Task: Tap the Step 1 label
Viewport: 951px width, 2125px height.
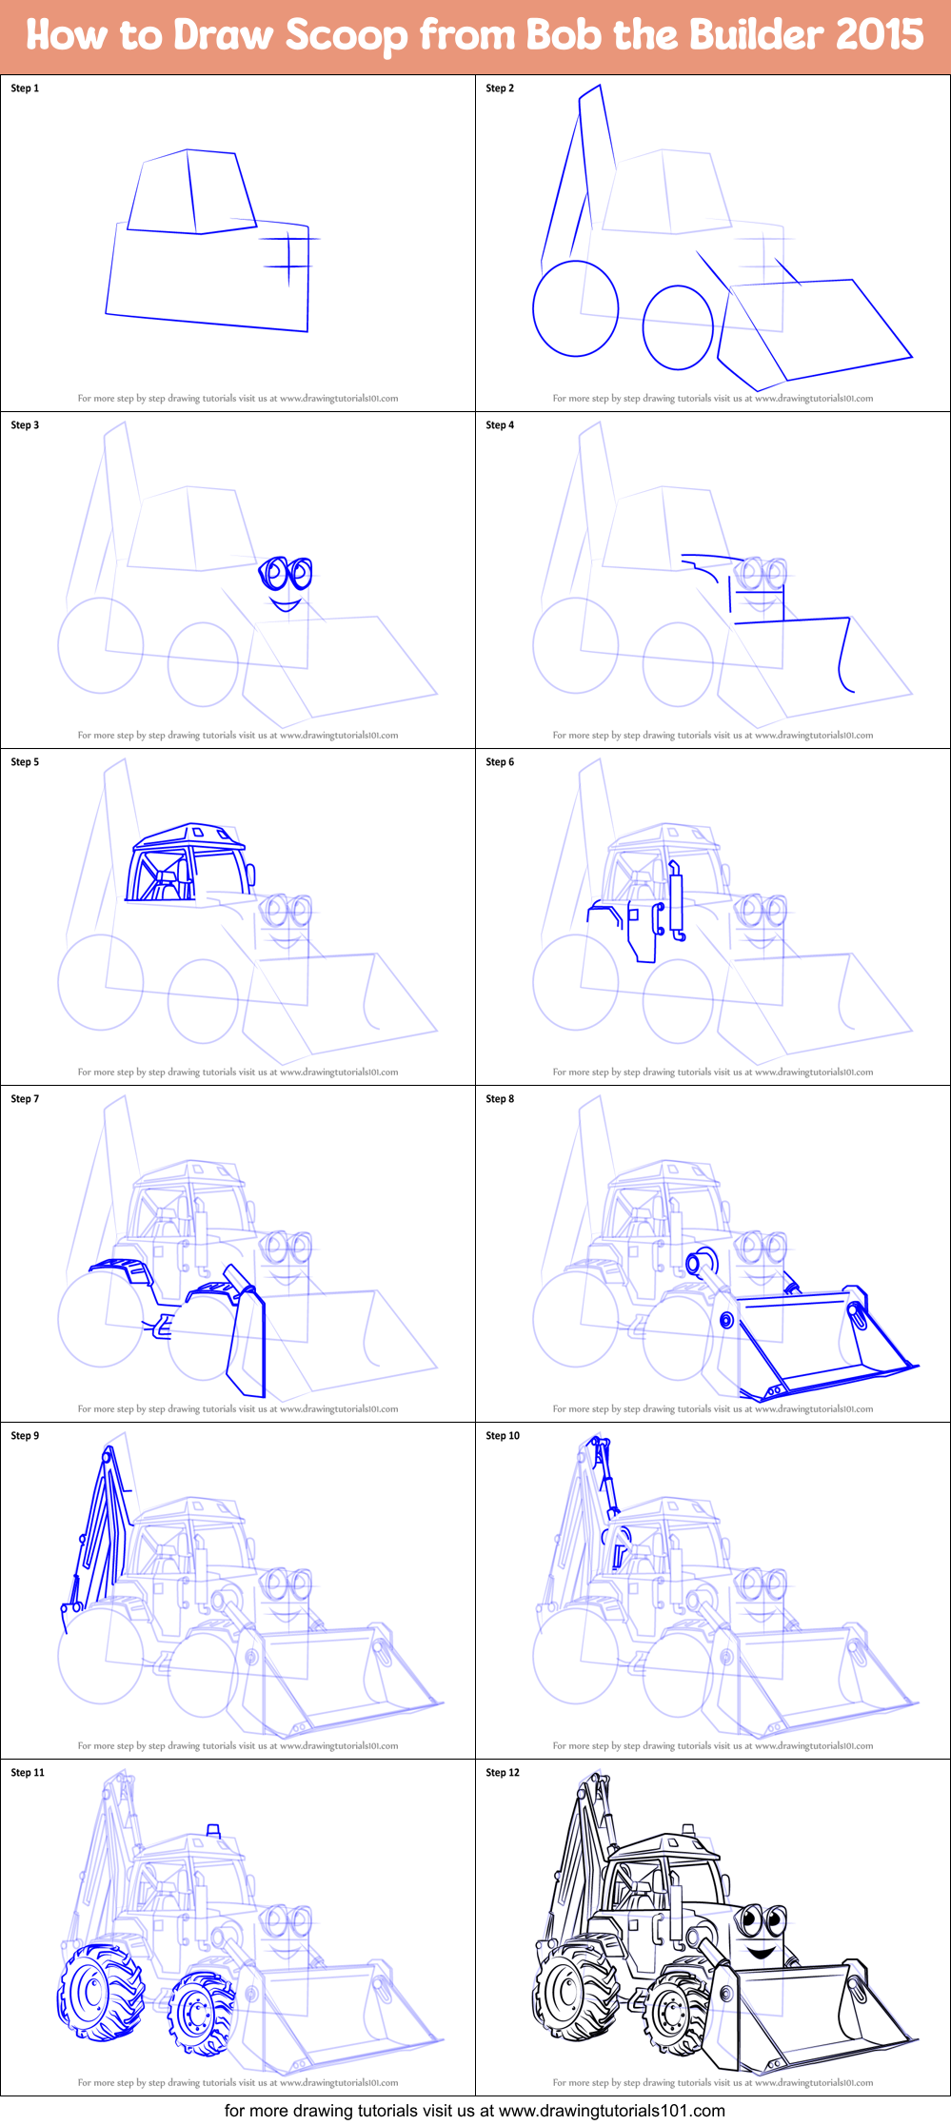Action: [x=25, y=89]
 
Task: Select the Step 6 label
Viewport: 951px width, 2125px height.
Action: [x=500, y=762]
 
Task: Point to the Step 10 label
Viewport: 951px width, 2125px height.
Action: [x=503, y=1436]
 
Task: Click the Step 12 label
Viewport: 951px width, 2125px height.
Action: [x=503, y=1773]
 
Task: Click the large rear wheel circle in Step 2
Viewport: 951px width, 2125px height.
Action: [x=575, y=308]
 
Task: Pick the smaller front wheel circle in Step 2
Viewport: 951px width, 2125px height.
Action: [x=678, y=326]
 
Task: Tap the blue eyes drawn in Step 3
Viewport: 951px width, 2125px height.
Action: [x=287, y=573]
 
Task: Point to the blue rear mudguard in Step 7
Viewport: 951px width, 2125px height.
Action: [x=120, y=1269]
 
